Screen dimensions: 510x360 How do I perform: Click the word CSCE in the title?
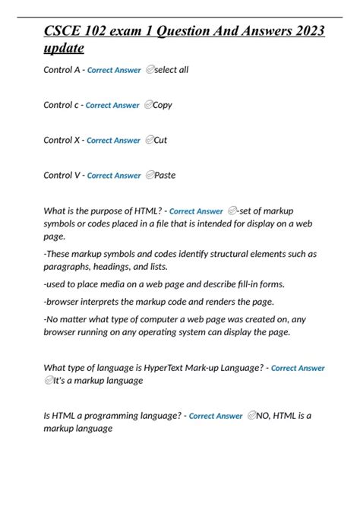coord(64,31)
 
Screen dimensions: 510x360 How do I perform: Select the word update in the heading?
coord(64,48)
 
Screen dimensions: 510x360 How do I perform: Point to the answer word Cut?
coord(160,140)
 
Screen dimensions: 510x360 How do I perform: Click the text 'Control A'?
coord(62,70)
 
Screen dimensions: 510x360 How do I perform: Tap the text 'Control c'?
coord(62,105)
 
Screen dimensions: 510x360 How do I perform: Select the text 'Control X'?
coord(62,140)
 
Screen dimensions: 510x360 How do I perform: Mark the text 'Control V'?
coord(62,175)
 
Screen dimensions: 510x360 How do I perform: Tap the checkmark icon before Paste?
coord(149,175)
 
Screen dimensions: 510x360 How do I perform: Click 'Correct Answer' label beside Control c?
coord(112,106)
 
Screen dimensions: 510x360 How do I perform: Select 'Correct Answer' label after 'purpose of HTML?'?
coord(196,211)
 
